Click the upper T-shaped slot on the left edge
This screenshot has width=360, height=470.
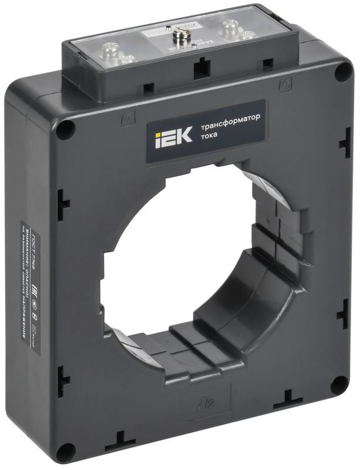pyautogui.click(x=63, y=204)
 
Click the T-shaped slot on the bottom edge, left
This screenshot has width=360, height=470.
pyautogui.click(x=124, y=438)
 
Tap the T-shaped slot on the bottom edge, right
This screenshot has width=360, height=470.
pyautogui.click(x=289, y=398)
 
